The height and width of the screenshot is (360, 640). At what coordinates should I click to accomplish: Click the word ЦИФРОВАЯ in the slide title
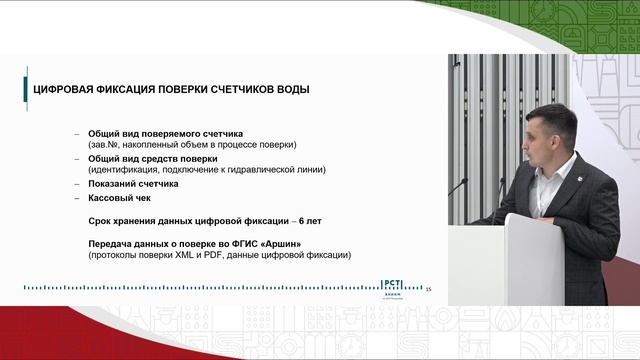[x=65, y=90]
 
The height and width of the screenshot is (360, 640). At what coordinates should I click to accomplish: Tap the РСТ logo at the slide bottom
[x=398, y=286]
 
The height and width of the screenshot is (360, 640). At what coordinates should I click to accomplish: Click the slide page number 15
[x=428, y=289]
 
